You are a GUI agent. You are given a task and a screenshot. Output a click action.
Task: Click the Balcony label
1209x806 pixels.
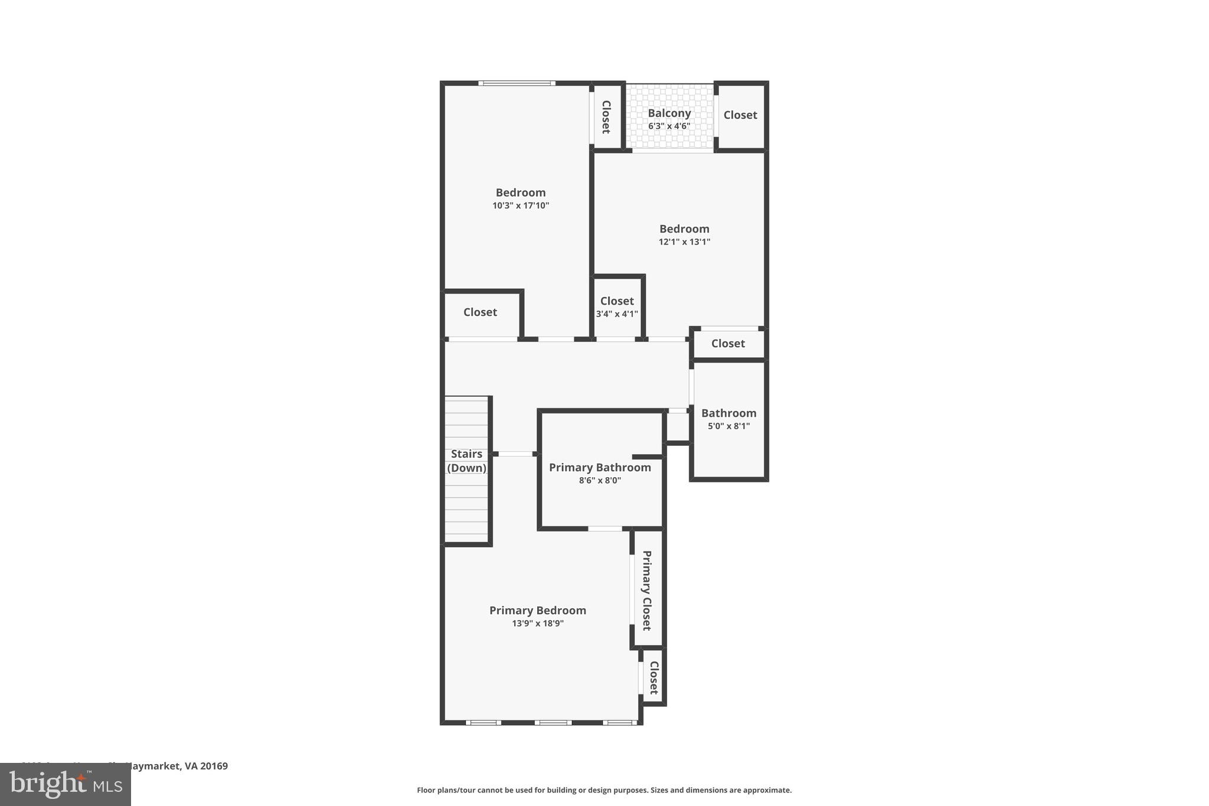click(x=669, y=113)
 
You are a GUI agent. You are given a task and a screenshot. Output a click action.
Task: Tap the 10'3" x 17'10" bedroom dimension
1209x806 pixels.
click(x=521, y=205)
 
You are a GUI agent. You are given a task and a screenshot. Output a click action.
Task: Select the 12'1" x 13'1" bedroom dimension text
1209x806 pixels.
click(x=684, y=242)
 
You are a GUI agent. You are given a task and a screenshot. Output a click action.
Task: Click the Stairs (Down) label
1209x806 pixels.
click(x=466, y=461)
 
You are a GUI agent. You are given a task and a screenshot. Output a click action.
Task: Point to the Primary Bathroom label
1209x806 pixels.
click(x=600, y=467)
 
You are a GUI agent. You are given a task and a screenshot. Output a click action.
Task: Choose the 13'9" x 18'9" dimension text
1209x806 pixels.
click(x=538, y=623)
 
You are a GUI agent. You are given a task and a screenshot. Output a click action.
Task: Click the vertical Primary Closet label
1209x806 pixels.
click(x=647, y=590)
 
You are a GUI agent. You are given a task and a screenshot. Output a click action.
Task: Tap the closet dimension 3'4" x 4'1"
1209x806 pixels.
click(x=617, y=314)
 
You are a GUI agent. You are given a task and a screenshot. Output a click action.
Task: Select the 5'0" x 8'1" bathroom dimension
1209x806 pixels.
click(x=728, y=426)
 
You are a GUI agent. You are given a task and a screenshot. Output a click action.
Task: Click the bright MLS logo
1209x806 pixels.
click(x=66, y=785)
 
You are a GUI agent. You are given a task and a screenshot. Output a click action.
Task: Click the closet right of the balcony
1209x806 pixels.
click(x=740, y=115)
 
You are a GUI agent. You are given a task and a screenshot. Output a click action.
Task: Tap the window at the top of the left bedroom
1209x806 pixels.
click(x=517, y=83)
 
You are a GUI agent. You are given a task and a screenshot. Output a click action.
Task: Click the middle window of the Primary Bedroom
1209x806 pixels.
click(x=553, y=722)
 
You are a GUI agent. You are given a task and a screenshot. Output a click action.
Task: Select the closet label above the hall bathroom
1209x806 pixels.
click(x=728, y=344)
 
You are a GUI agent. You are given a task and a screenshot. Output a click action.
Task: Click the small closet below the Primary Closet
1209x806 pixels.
click(x=653, y=677)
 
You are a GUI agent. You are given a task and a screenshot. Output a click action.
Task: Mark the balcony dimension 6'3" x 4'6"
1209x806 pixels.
click(x=669, y=126)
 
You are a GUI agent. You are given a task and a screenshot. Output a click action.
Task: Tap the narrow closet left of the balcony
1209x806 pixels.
click(x=606, y=116)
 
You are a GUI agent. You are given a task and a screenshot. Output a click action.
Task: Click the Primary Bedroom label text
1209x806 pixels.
click(x=538, y=610)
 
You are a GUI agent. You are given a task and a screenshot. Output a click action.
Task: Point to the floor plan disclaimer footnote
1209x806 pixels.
click(x=604, y=790)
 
